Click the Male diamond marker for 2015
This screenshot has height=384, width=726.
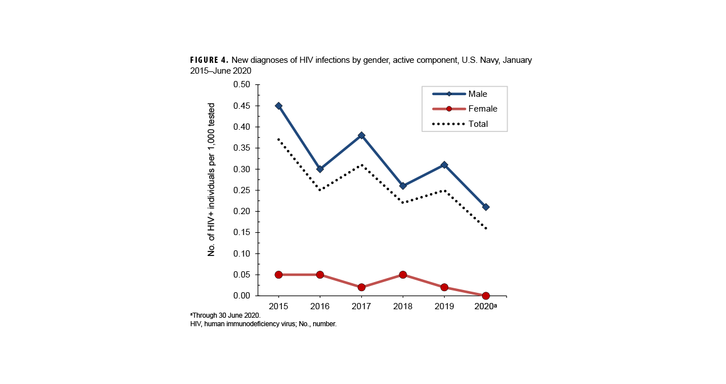click(278, 106)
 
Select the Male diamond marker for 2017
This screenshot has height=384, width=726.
click(361, 135)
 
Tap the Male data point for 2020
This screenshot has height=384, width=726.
click(486, 207)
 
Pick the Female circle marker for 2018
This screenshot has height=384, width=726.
click(403, 275)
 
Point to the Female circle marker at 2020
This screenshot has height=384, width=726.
click(486, 296)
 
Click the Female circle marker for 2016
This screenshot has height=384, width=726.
click(320, 275)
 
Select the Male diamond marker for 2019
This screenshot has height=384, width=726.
click(444, 165)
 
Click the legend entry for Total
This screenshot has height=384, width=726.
click(478, 123)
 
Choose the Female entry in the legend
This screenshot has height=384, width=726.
click(482, 109)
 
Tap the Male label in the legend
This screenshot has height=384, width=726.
click(477, 94)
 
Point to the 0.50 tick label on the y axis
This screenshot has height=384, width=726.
click(242, 85)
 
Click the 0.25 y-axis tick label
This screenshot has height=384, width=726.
click(242, 190)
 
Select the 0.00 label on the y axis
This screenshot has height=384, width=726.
click(242, 296)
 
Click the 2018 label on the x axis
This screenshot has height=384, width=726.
click(403, 306)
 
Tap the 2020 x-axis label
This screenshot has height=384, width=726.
click(484, 306)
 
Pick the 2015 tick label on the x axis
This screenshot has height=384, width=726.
click(278, 306)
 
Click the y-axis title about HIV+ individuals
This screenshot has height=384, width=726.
click(212, 180)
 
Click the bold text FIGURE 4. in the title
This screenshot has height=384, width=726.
click(209, 60)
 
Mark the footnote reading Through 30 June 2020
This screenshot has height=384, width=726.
click(226, 315)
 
